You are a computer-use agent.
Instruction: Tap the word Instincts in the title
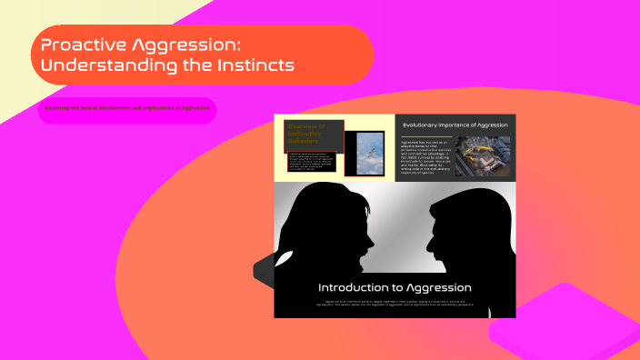coord(251,65)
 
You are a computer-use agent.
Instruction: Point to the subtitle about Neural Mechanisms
coord(127,108)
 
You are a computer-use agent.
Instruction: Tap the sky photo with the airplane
coord(371,153)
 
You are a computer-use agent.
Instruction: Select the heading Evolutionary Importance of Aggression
coord(455,125)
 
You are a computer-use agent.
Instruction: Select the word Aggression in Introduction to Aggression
coord(440,287)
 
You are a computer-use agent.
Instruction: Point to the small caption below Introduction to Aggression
coord(395,303)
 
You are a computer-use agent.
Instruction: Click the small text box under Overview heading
coord(312,160)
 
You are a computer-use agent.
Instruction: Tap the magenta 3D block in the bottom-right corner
coord(564,332)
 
